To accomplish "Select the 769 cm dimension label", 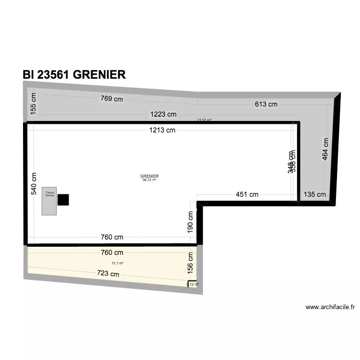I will pyautogui.click(x=111, y=99).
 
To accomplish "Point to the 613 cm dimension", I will pyautogui.click(x=266, y=104).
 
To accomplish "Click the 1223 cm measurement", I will pyautogui.click(x=163, y=114).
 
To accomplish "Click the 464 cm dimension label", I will pyautogui.click(x=325, y=149).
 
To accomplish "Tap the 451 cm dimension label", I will pyautogui.click(x=247, y=194).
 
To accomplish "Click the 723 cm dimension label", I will pyautogui.click(x=108, y=274).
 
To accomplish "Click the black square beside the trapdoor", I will pyautogui.click(x=63, y=200).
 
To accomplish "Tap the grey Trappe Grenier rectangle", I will pyautogui.click(x=49, y=201).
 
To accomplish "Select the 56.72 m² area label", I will pyautogui.click(x=150, y=180).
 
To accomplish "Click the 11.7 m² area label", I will pyautogui.click(x=118, y=263).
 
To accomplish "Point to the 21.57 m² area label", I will pyautogui.click(x=204, y=120).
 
